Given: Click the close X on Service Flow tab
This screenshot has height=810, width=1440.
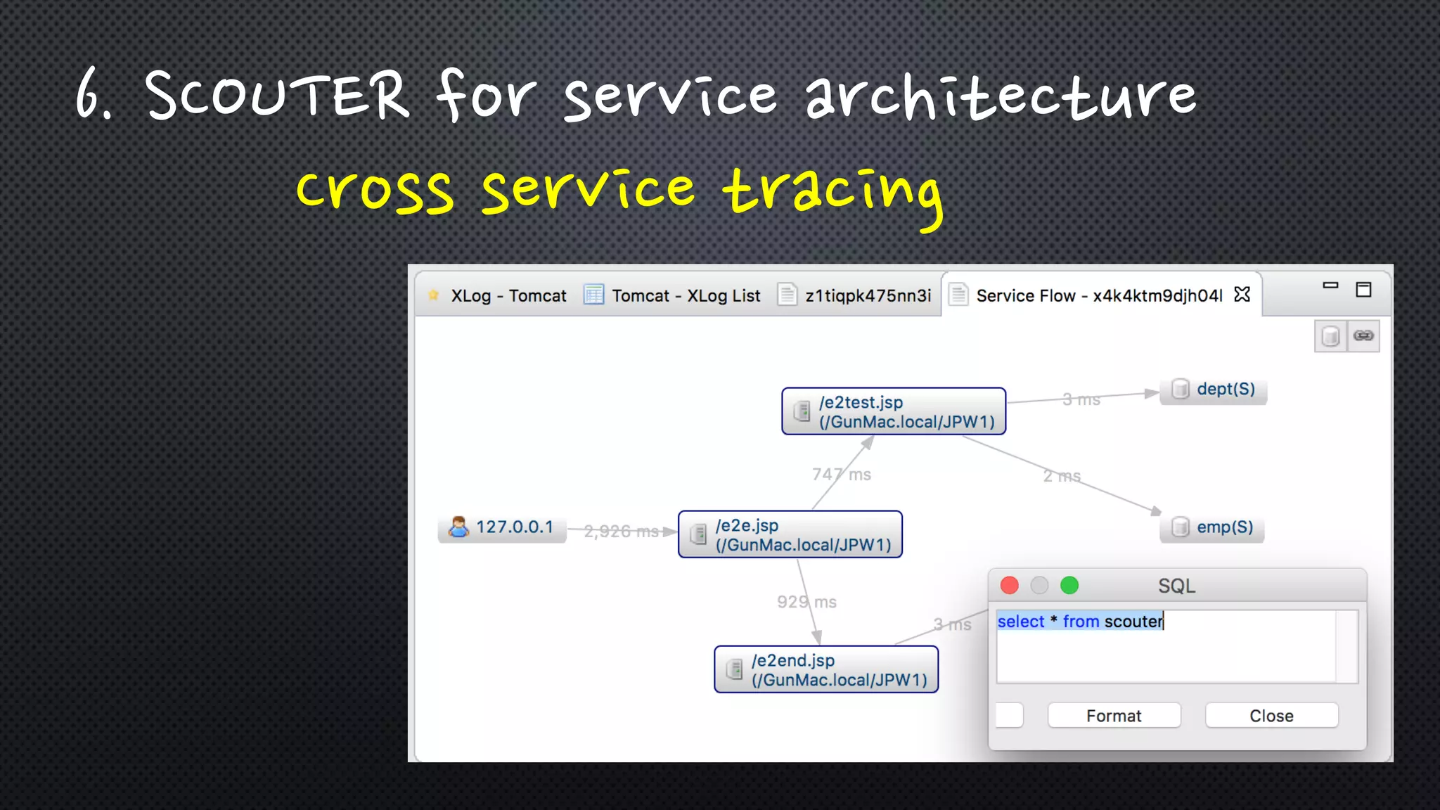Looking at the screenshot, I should (1242, 295).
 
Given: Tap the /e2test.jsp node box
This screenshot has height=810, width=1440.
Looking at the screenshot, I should (894, 411).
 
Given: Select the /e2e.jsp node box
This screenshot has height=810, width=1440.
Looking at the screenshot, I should (790, 534).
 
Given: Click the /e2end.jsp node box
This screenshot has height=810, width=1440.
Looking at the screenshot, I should (826, 669).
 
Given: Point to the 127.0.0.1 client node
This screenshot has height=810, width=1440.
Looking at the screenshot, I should (502, 527).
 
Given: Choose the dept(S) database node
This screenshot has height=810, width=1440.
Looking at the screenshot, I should (1214, 390).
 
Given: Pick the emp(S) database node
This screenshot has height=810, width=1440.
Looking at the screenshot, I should (1212, 527).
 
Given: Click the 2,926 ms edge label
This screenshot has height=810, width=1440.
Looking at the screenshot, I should (621, 532).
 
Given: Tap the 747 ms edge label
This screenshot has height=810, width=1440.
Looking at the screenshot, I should (841, 475).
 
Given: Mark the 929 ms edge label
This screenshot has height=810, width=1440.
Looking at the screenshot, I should (806, 602).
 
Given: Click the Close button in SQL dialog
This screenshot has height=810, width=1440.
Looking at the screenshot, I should (1271, 716).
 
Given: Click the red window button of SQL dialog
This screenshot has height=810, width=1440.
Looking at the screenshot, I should (1010, 585).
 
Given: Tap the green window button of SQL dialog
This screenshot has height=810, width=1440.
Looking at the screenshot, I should (1069, 585).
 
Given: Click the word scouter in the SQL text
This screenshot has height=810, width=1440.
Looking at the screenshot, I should (1133, 622).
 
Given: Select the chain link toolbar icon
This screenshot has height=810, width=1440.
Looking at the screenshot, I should (1363, 336).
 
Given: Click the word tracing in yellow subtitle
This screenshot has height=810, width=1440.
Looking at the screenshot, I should (832, 191).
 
